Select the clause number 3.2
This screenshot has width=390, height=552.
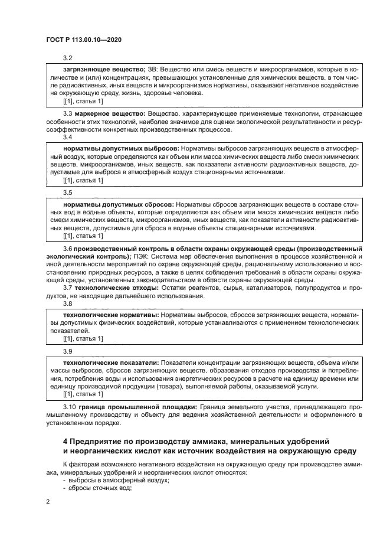(67, 58)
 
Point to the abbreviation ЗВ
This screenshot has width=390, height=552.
(152, 70)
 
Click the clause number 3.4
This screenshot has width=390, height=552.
(67, 136)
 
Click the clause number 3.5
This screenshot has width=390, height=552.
(67, 192)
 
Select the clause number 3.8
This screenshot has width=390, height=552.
(67, 303)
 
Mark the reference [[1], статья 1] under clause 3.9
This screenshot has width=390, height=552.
(83, 393)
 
